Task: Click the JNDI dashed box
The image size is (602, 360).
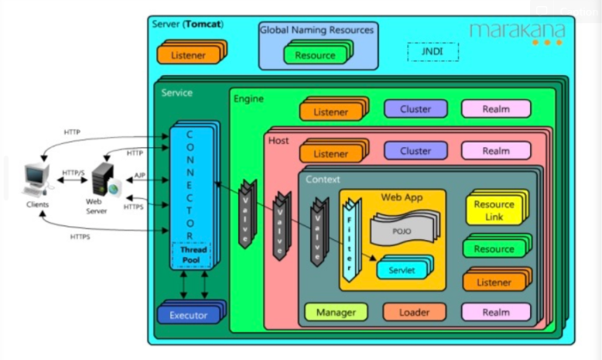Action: pos(433,52)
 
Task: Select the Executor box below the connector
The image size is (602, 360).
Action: pos(188,315)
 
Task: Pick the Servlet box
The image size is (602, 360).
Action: pos(401,269)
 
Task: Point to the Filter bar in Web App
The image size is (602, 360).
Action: pos(351,238)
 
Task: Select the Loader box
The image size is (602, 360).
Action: pos(415,312)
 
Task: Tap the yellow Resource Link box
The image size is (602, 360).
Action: pos(494,210)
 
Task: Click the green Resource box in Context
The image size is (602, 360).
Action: pos(494,249)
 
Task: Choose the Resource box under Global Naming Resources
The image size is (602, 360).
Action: pos(315,55)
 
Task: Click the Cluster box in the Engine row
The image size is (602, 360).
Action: pos(416,109)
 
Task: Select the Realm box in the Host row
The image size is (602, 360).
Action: pos(496,151)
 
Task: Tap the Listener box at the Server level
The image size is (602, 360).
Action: pos(188,55)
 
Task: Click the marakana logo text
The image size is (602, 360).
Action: pos(517,30)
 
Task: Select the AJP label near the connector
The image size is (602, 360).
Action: pos(139,176)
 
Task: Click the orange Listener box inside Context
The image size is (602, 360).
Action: pos(494,282)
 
